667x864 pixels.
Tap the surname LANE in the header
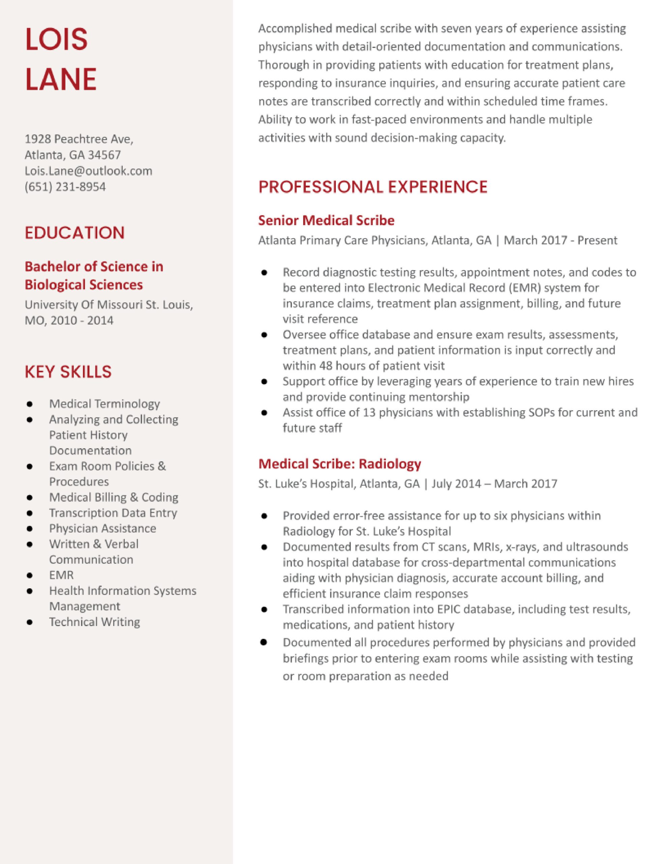point(61,79)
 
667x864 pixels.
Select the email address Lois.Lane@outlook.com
point(88,171)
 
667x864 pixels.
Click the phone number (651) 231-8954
point(65,187)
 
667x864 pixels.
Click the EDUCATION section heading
point(75,233)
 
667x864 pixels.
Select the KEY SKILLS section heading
point(68,372)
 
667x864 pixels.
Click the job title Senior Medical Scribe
point(326,220)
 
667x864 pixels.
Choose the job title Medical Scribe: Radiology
point(340,464)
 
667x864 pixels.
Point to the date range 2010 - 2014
point(82,320)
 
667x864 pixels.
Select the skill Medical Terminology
point(105,404)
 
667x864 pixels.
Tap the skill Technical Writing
point(94,622)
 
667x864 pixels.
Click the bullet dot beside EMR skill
point(29,575)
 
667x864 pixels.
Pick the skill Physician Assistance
point(103,529)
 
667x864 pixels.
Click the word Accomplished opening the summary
point(295,28)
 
